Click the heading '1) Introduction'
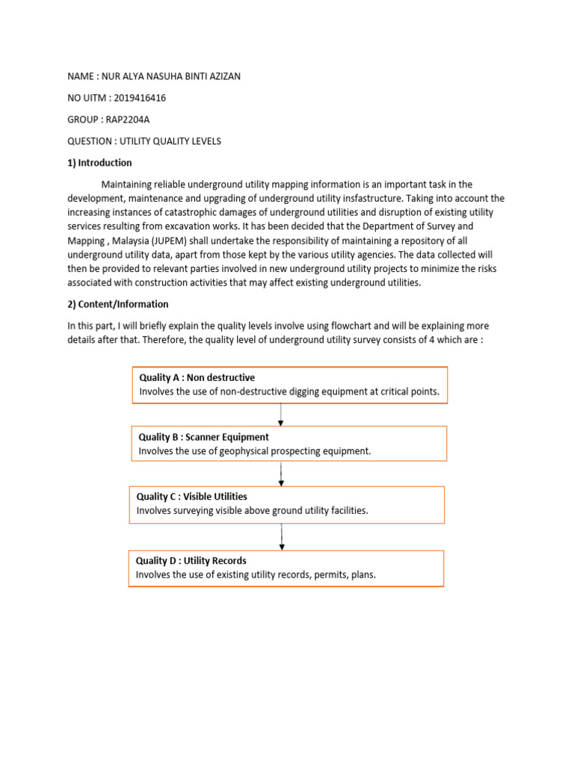(99, 163)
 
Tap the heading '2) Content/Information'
(117, 304)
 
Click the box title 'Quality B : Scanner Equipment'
(203, 437)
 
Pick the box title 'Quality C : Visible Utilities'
(191, 496)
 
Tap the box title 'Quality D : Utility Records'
(191, 560)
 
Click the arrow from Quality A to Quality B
(280, 415)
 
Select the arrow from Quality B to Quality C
(281, 474)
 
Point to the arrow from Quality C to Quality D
(282, 536)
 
